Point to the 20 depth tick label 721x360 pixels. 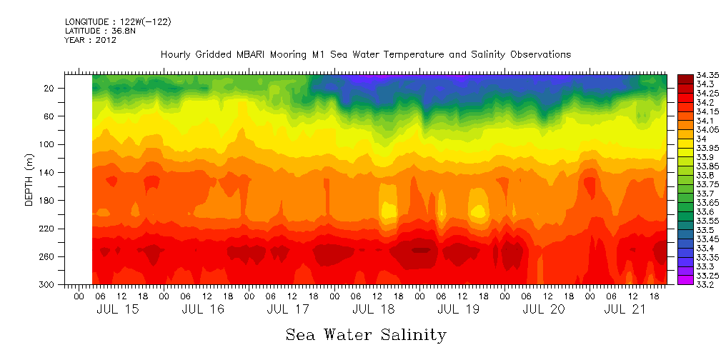(x=50, y=89)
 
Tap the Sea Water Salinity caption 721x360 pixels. (x=366, y=335)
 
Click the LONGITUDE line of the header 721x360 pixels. (x=118, y=22)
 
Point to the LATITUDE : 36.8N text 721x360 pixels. (x=100, y=31)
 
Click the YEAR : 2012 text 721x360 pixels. (x=91, y=40)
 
